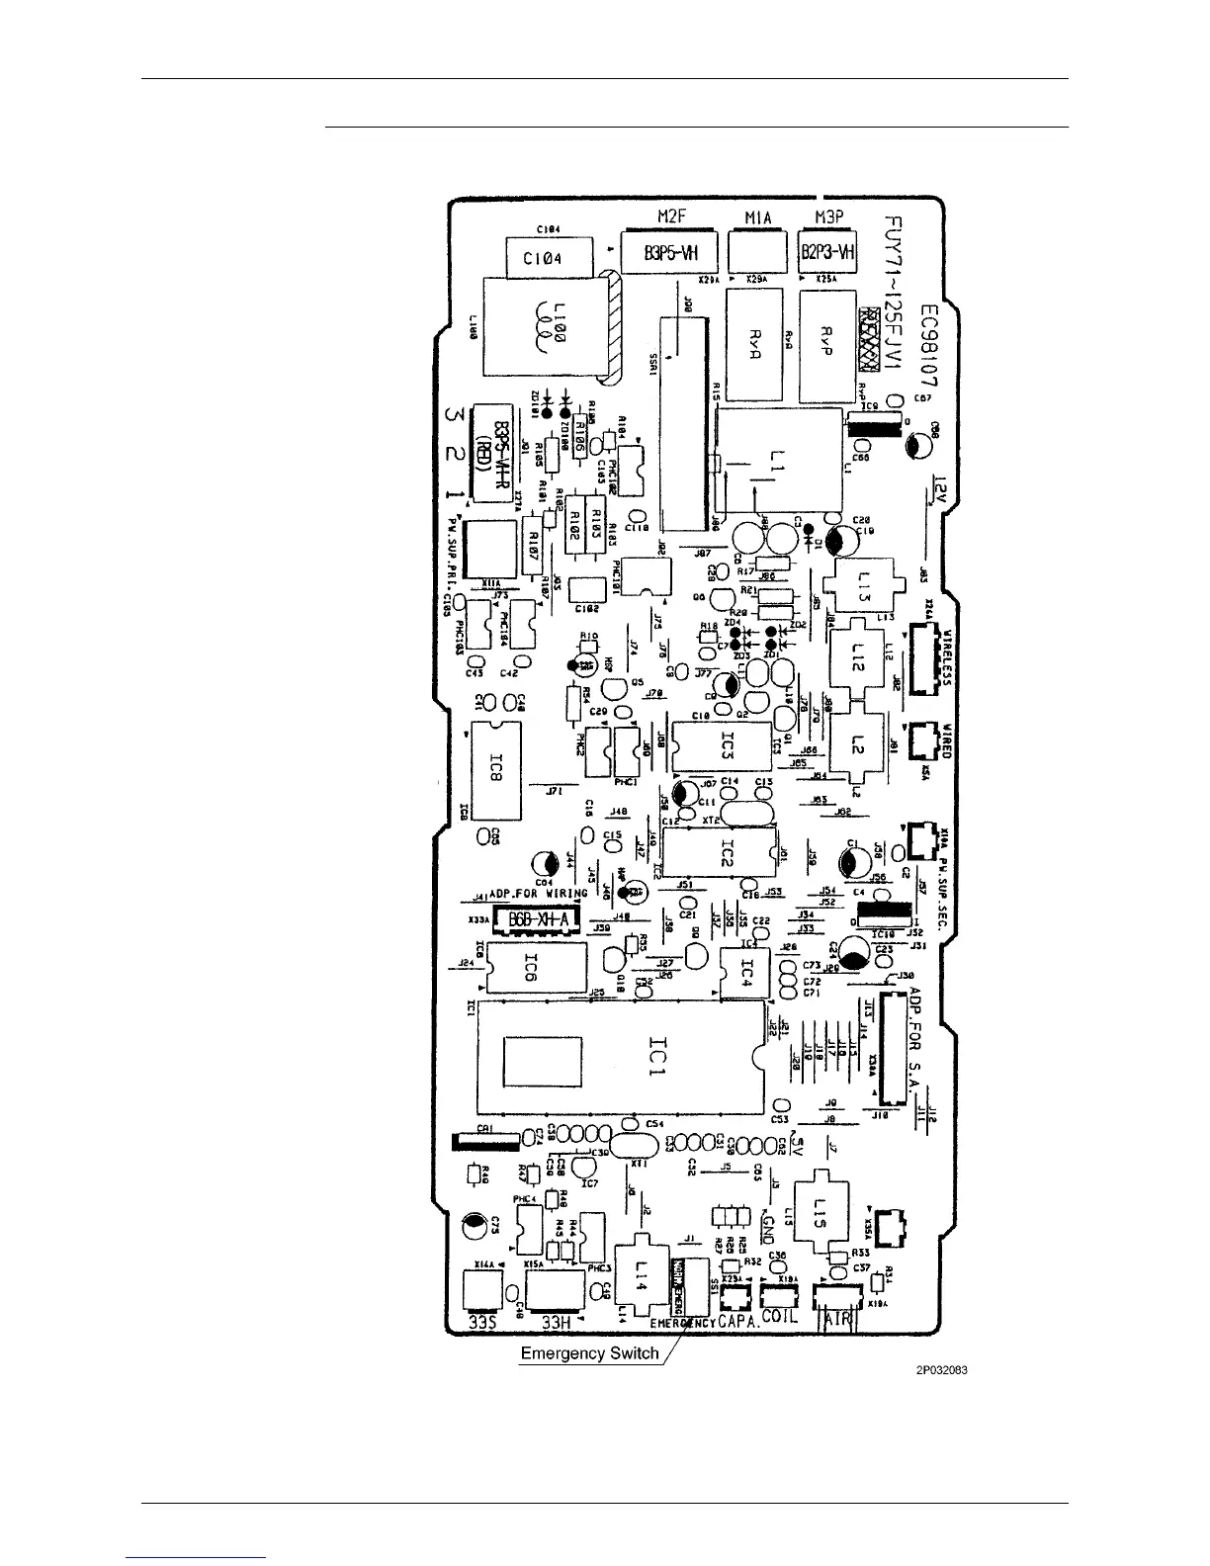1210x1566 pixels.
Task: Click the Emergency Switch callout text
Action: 589,1353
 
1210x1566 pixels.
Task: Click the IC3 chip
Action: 726,748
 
